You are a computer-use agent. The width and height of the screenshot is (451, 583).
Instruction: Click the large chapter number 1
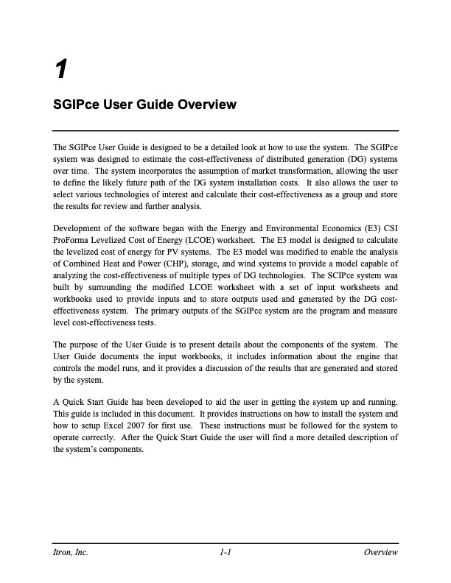[61, 69]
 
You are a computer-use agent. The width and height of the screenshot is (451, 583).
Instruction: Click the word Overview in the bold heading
[206, 105]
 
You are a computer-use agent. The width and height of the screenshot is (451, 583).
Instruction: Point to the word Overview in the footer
[381, 553]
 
